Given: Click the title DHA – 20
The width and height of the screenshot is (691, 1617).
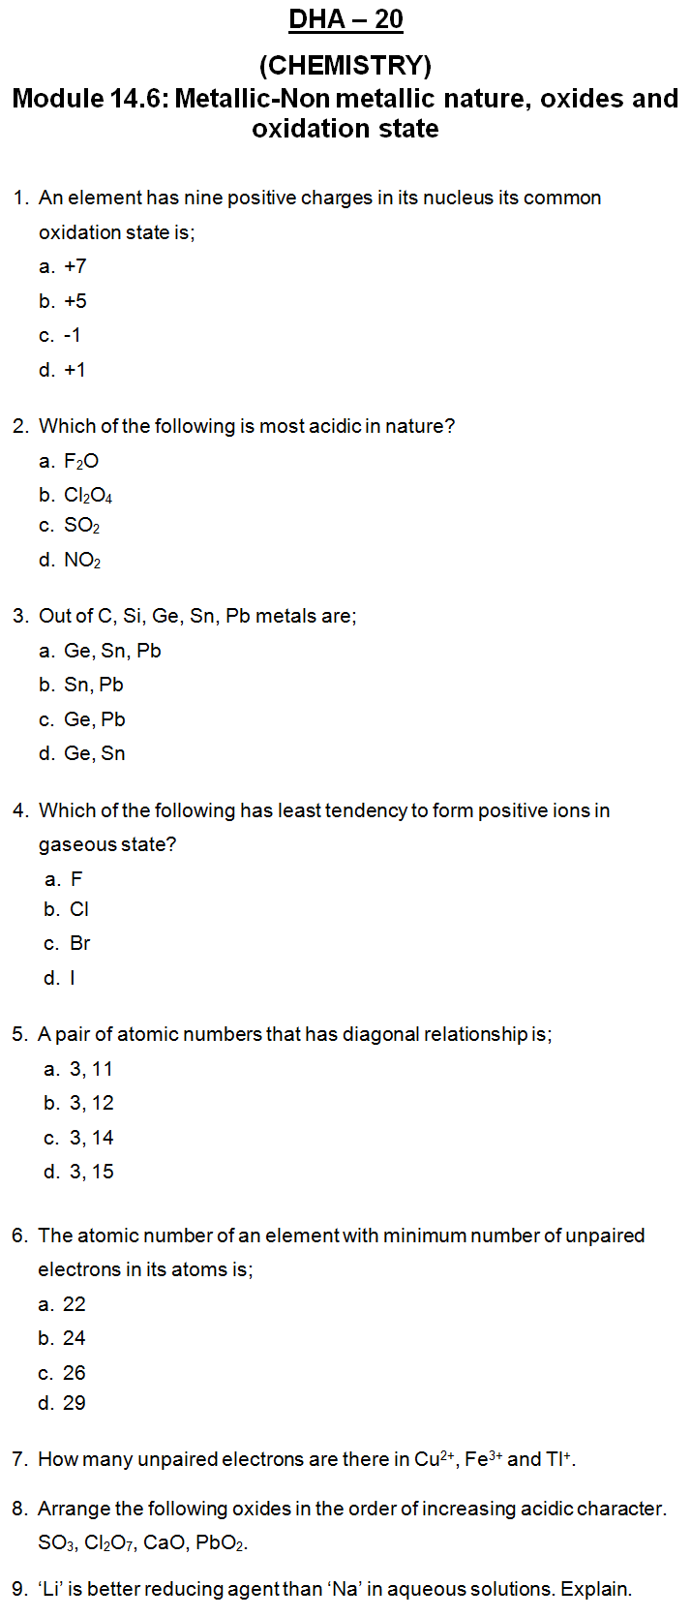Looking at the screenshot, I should coord(345,19).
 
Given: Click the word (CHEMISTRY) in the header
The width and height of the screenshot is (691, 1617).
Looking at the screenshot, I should coord(345,65).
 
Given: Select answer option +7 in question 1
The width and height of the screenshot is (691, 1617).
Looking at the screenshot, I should coord(75,266).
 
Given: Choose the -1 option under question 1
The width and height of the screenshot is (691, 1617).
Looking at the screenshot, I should coord(73,335).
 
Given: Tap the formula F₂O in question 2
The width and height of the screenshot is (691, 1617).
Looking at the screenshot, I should coord(81,462).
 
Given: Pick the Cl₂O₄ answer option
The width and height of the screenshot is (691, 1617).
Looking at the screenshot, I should coord(88,496).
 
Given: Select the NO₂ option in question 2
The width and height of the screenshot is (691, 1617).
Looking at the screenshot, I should coord(82,560).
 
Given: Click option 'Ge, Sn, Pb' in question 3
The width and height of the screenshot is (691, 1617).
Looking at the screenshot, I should coord(112,651).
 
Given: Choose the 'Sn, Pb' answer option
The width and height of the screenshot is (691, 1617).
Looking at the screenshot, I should coord(94,685).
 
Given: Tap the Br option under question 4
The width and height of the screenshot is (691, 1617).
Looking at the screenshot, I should coord(80,943).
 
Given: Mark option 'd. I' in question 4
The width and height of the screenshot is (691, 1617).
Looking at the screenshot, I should coord(73,978).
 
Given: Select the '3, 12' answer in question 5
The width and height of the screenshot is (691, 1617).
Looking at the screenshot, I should coord(92,1103).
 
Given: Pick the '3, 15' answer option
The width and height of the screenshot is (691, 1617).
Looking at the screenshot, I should coord(92,1172).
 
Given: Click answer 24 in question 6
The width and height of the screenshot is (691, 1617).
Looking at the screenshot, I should coord(75,1338).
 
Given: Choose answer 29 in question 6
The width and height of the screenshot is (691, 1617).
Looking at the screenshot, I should coord(75,1403).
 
